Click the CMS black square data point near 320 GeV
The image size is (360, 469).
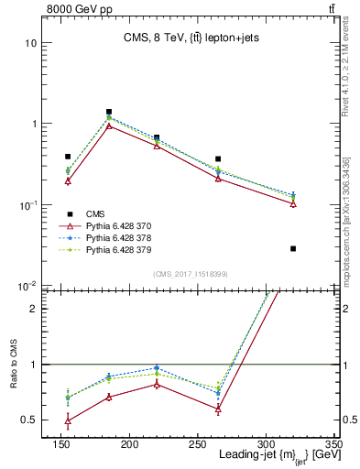pyautogui.click(x=293, y=248)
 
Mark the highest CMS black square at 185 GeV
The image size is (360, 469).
pyautogui.click(x=109, y=112)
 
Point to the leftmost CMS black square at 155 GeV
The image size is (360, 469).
pyautogui.click(x=68, y=157)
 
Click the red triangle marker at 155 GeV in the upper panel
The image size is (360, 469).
pyautogui.click(x=68, y=181)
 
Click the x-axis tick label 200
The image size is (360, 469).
pyautogui.click(x=129, y=445)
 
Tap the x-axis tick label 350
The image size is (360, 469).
pyautogui.click(x=333, y=445)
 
